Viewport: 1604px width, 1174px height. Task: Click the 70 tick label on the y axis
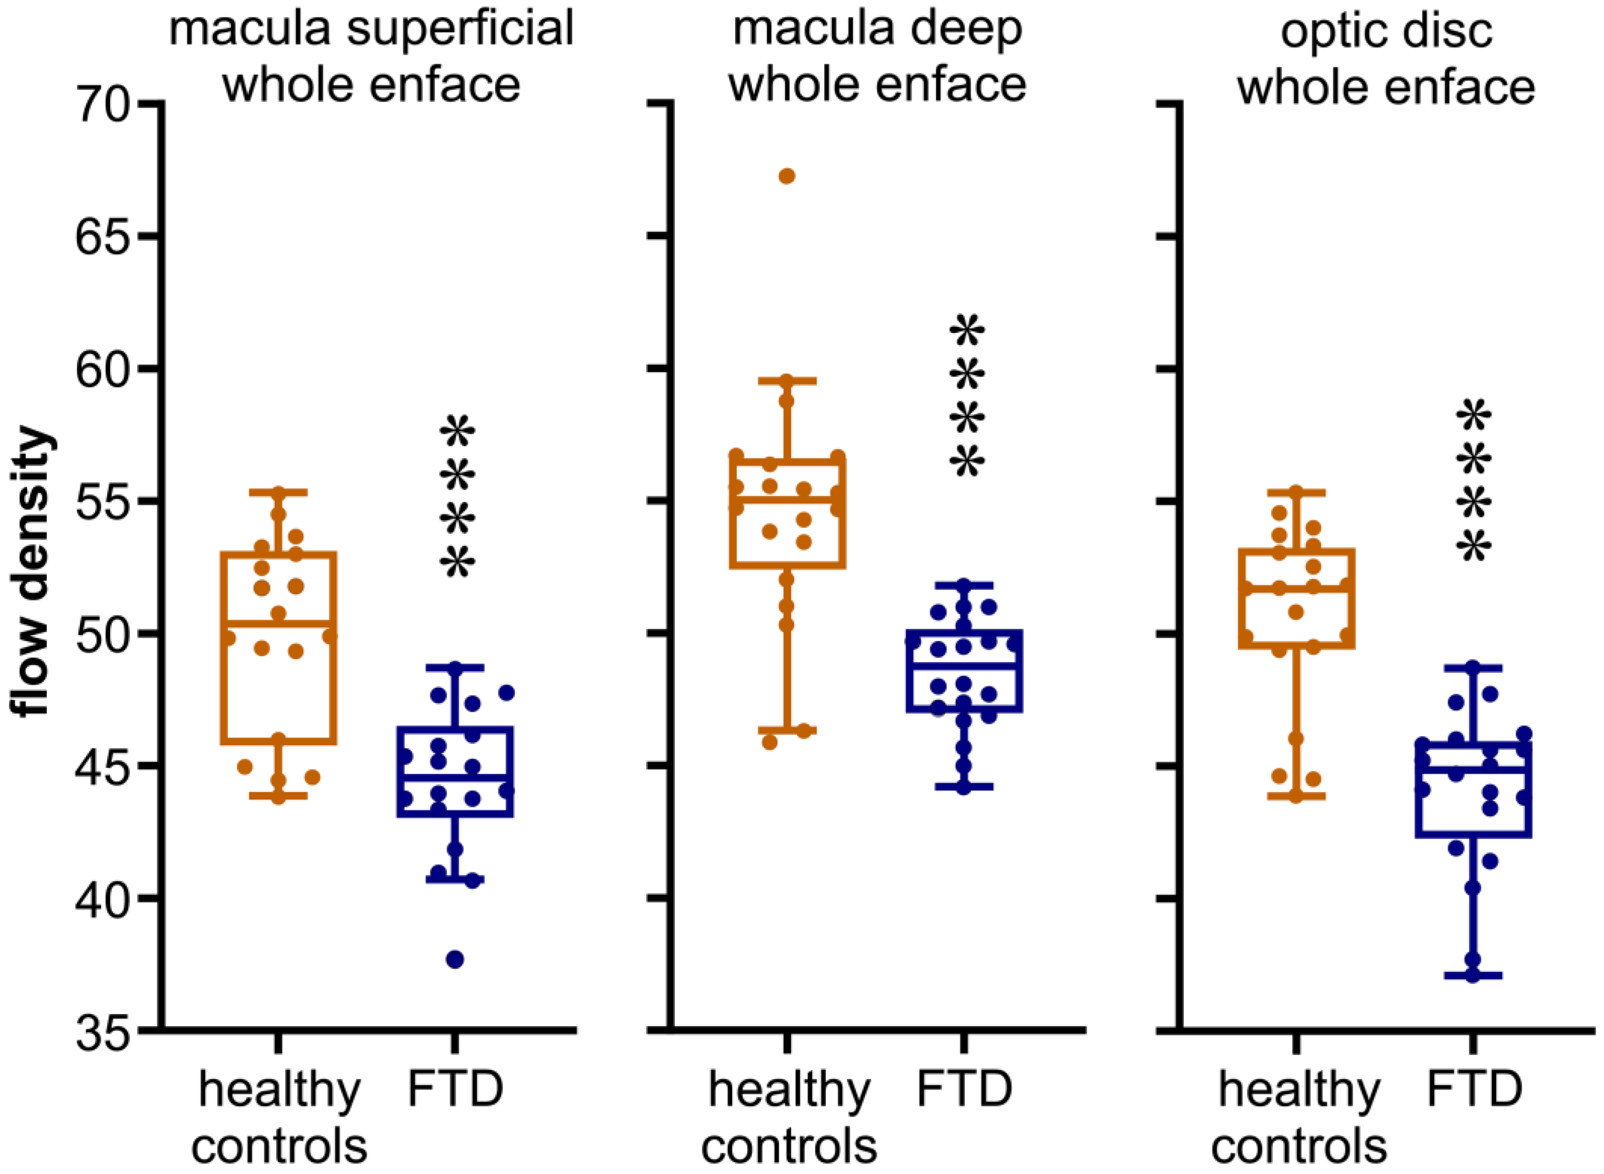tap(103, 105)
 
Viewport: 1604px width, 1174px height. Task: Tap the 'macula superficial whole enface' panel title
tap(371, 57)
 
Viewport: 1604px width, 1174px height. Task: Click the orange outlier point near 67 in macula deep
tap(787, 176)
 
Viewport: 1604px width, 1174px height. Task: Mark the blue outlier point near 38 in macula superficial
tap(455, 959)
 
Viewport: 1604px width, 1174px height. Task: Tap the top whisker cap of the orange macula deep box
tap(787, 381)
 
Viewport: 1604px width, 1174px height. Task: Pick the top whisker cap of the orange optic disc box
tap(1296, 492)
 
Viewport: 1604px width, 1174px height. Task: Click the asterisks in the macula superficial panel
tap(457, 497)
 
